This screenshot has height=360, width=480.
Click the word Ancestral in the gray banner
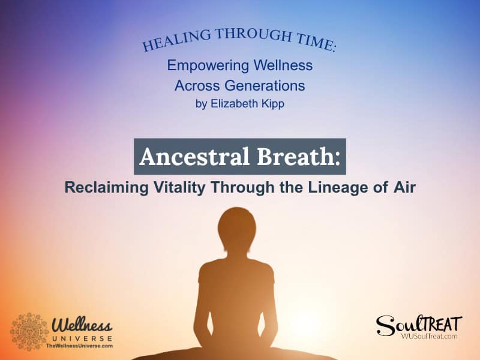point(185,157)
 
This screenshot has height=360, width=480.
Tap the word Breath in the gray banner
point(287,157)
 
